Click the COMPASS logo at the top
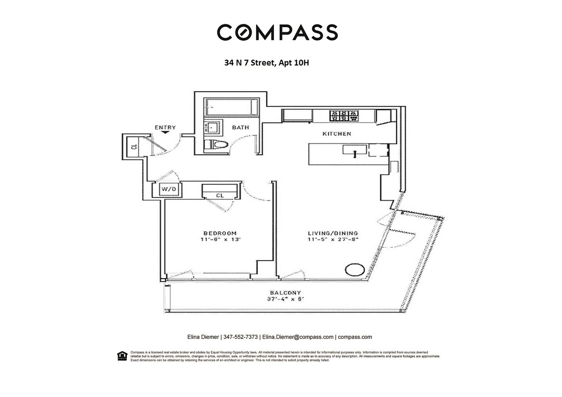(277, 32)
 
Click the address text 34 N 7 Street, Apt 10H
(266, 62)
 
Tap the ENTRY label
(165, 127)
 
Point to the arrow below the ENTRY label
(165, 132)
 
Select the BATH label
(241, 127)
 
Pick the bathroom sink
(212, 127)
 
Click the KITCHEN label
(337, 134)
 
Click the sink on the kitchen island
(354, 150)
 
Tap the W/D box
(168, 190)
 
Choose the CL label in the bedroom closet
(219, 195)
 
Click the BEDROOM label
(220, 233)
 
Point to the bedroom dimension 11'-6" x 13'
(220, 240)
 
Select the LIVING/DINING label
(333, 233)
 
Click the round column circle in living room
(353, 270)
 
